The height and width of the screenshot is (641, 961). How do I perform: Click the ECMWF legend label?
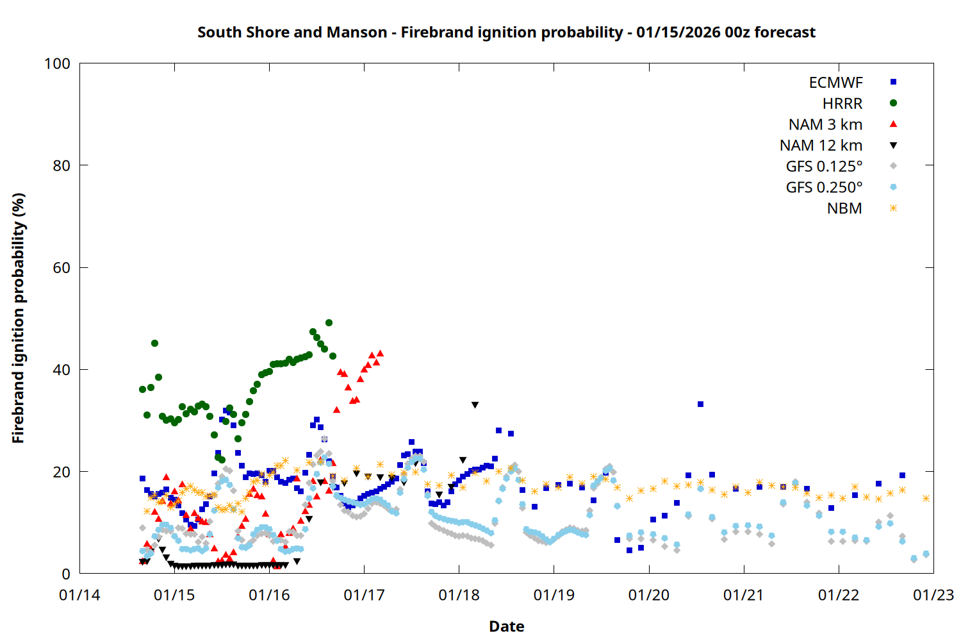(x=835, y=83)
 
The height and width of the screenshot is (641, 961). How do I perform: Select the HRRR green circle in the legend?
(x=893, y=103)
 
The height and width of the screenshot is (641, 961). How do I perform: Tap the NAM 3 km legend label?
(x=825, y=124)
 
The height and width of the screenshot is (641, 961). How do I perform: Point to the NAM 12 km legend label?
(x=821, y=146)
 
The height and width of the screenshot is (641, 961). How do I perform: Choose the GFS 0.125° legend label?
(x=824, y=167)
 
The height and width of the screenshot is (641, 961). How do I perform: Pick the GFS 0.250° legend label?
(x=824, y=187)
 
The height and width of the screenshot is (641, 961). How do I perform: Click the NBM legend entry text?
(x=844, y=208)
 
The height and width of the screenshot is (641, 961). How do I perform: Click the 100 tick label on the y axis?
(x=57, y=63)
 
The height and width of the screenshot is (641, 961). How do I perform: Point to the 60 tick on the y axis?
(x=62, y=268)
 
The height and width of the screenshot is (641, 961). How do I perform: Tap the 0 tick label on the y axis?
(x=66, y=574)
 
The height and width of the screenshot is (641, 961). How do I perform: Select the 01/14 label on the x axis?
(x=79, y=595)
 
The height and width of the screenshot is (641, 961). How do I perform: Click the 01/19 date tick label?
(x=554, y=595)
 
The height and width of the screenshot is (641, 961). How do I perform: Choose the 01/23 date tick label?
(x=933, y=595)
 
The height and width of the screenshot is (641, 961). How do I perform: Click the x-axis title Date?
(x=506, y=626)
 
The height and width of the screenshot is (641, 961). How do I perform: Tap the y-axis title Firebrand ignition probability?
(x=19, y=318)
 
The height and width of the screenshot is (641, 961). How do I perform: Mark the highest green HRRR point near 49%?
(x=329, y=323)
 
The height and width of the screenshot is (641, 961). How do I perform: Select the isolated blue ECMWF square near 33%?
(x=700, y=404)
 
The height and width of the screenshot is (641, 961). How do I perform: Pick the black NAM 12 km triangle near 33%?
(x=475, y=405)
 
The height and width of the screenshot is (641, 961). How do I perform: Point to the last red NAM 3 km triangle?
(x=380, y=353)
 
